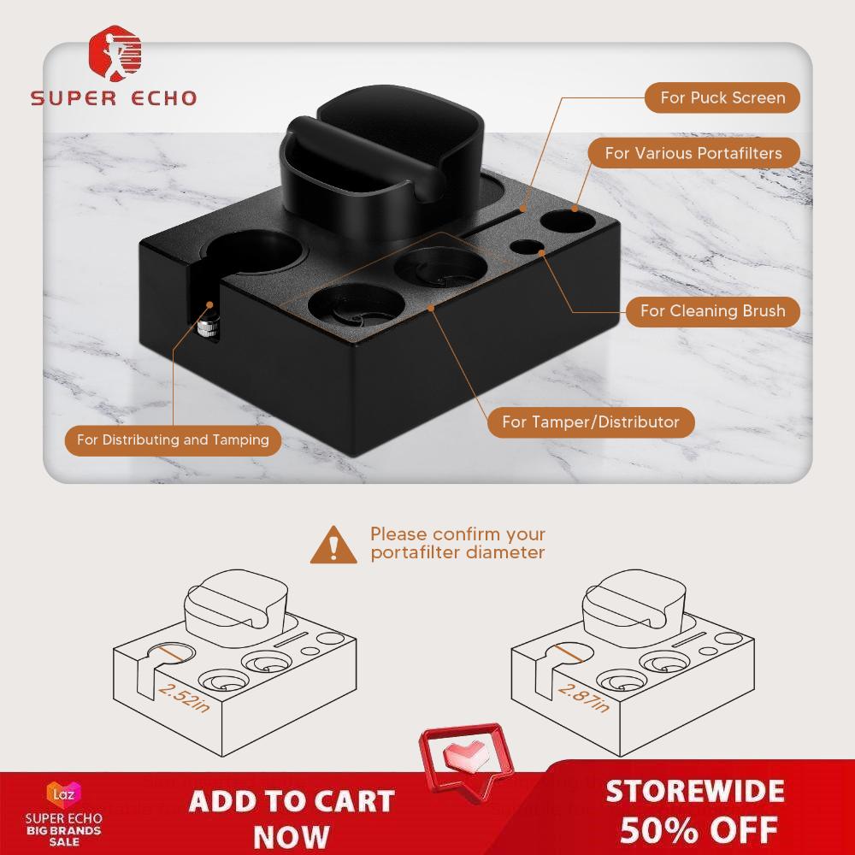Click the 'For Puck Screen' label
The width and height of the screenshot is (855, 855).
[722, 97]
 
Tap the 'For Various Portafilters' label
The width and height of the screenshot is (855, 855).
[693, 153]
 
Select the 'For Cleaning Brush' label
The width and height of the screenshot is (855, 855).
[713, 311]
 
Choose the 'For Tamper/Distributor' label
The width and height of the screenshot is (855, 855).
[591, 422]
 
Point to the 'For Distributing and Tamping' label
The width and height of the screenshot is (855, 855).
[173, 440]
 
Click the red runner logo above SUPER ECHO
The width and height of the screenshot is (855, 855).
[115, 53]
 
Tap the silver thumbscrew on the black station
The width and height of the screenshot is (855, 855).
[208, 330]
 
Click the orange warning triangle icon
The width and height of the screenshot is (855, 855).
[333, 545]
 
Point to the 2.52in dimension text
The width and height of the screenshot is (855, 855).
[184, 698]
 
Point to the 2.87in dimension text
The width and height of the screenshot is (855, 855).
[583, 698]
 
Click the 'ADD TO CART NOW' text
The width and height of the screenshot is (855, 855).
[292, 818]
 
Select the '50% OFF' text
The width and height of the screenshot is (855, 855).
[699, 830]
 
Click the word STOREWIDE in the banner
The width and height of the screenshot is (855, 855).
[695, 791]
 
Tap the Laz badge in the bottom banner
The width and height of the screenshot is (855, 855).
[64, 793]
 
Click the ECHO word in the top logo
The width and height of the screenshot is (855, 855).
[163, 98]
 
